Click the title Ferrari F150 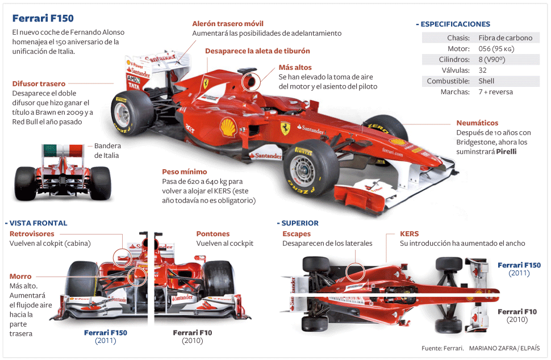click(43, 19)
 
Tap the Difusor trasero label click(39, 83)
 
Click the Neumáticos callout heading click(477, 123)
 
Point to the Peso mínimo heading click(185, 171)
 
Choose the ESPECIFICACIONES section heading click(455, 24)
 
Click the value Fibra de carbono click(505, 38)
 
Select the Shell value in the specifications click(486, 81)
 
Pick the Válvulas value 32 click(482, 70)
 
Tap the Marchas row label click(454, 92)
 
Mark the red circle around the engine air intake click(249, 81)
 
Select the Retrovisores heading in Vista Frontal click(32, 233)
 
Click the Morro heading click(20, 277)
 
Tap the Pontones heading click(213, 233)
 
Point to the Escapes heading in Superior click(297, 233)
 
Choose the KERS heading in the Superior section click(409, 233)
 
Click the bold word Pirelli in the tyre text click(506, 152)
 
